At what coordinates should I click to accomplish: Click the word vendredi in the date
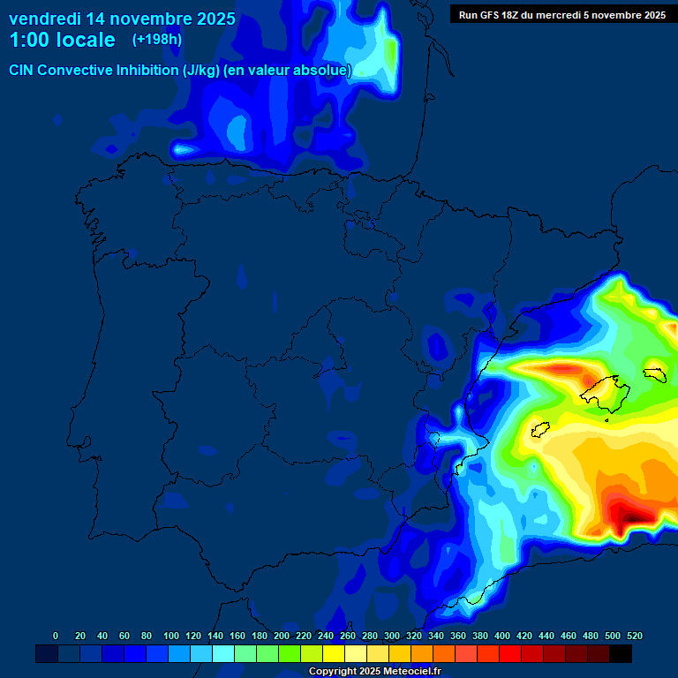(x=45, y=19)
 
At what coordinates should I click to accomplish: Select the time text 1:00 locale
(x=62, y=40)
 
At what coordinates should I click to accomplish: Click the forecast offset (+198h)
(x=156, y=40)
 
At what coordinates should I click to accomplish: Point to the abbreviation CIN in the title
(x=23, y=71)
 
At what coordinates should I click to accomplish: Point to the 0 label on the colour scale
(x=56, y=636)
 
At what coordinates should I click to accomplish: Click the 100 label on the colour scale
(x=170, y=636)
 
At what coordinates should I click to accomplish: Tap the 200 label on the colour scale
(x=281, y=636)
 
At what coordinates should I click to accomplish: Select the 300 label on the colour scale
(x=391, y=636)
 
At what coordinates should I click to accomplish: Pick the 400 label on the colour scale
(x=501, y=636)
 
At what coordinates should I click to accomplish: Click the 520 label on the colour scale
(x=634, y=636)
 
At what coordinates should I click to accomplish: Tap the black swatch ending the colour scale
(x=621, y=653)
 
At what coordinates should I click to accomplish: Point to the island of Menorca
(x=654, y=373)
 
